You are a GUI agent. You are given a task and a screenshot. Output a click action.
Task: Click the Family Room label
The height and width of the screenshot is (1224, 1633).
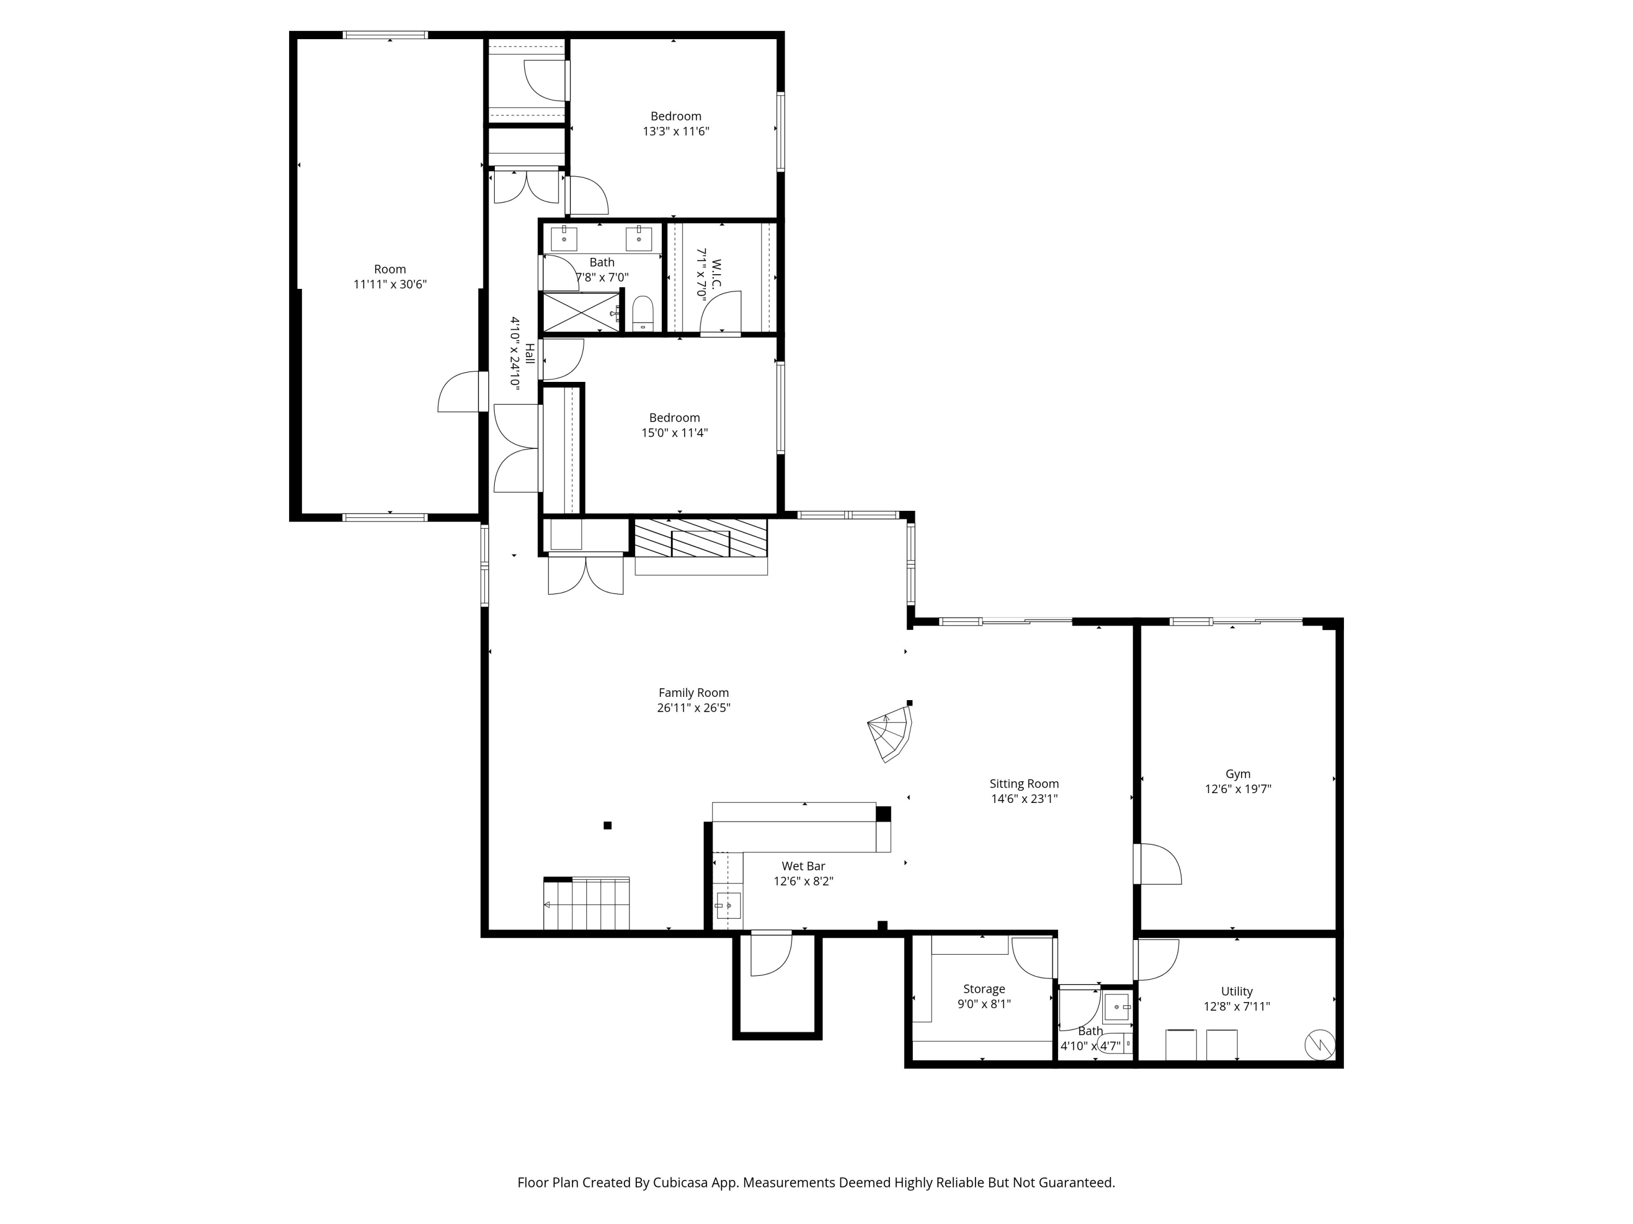click(x=693, y=693)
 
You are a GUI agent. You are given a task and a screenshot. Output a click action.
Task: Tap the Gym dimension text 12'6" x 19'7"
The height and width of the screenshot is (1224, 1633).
click(x=1238, y=789)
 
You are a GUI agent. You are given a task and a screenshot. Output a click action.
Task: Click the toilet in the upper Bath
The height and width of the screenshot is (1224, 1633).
click(x=643, y=313)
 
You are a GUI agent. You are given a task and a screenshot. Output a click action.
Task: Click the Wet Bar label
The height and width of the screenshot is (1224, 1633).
click(x=803, y=866)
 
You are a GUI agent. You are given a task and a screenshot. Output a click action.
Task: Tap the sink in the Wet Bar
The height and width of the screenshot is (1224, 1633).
click(x=728, y=905)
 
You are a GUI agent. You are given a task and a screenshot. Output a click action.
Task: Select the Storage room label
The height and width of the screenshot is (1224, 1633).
click(x=984, y=988)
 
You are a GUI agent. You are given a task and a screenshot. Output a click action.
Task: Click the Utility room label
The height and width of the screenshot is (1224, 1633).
click(x=1237, y=992)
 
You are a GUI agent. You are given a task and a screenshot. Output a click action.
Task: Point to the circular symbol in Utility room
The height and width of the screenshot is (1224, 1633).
click(x=1320, y=1044)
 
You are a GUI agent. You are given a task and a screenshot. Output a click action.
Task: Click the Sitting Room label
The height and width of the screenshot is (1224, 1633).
click(x=1024, y=783)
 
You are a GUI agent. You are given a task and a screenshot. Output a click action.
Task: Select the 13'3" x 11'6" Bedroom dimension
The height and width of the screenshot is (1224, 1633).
click(x=676, y=131)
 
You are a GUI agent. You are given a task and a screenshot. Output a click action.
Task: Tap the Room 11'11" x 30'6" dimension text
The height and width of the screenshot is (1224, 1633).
click(x=390, y=284)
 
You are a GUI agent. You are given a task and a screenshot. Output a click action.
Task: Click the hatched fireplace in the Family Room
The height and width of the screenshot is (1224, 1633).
click(x=701, y=538)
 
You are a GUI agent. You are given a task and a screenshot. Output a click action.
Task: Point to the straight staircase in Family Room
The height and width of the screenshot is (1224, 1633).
click(x=587, y=904)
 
